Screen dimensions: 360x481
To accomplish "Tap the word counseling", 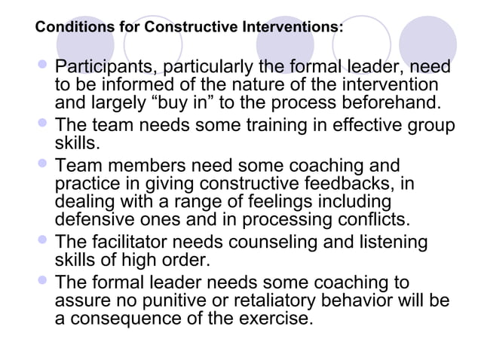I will tap(287, 243).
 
